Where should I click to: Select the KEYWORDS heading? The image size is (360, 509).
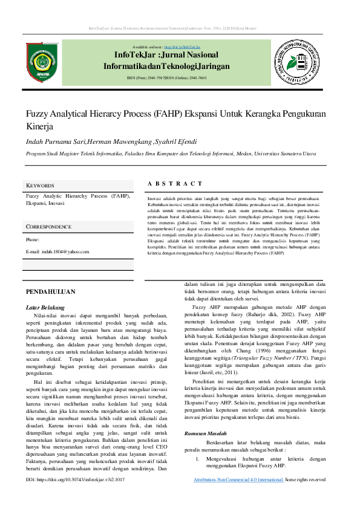[40, 185]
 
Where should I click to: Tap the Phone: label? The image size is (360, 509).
[33, 240]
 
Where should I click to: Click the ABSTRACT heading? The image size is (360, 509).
[175, 183]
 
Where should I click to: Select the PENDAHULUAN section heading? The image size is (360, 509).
[50, 291]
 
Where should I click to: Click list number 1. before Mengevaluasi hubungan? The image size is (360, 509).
[197, 459]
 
